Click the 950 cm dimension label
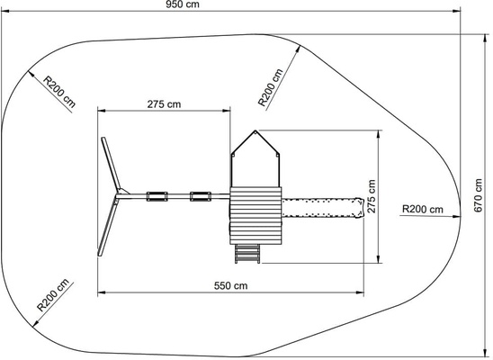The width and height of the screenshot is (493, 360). pyautogui.click(x=183, y=4)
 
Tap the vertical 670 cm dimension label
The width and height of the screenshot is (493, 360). pyautogui.click(x=478, y=195)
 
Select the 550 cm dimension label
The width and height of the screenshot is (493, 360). pyautogui.click(x=231, y=285)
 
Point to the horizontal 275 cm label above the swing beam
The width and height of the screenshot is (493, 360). pyautogui.click(x=164, y=104)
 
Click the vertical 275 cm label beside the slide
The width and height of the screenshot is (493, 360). pyautogui.click(x=372, y=196)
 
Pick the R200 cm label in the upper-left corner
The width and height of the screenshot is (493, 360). pyautogui.click(x=59, y=92)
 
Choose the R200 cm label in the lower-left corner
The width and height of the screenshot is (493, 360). pyautogui.click(x=53, y=294)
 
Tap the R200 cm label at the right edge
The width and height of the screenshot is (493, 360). pyautogui.click(x=423, y=209)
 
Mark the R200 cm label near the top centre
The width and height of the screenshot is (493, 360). pyautogui.click(x=271, y=87)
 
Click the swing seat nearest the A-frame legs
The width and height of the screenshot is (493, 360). pyautogui.click(x=157, y=196)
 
